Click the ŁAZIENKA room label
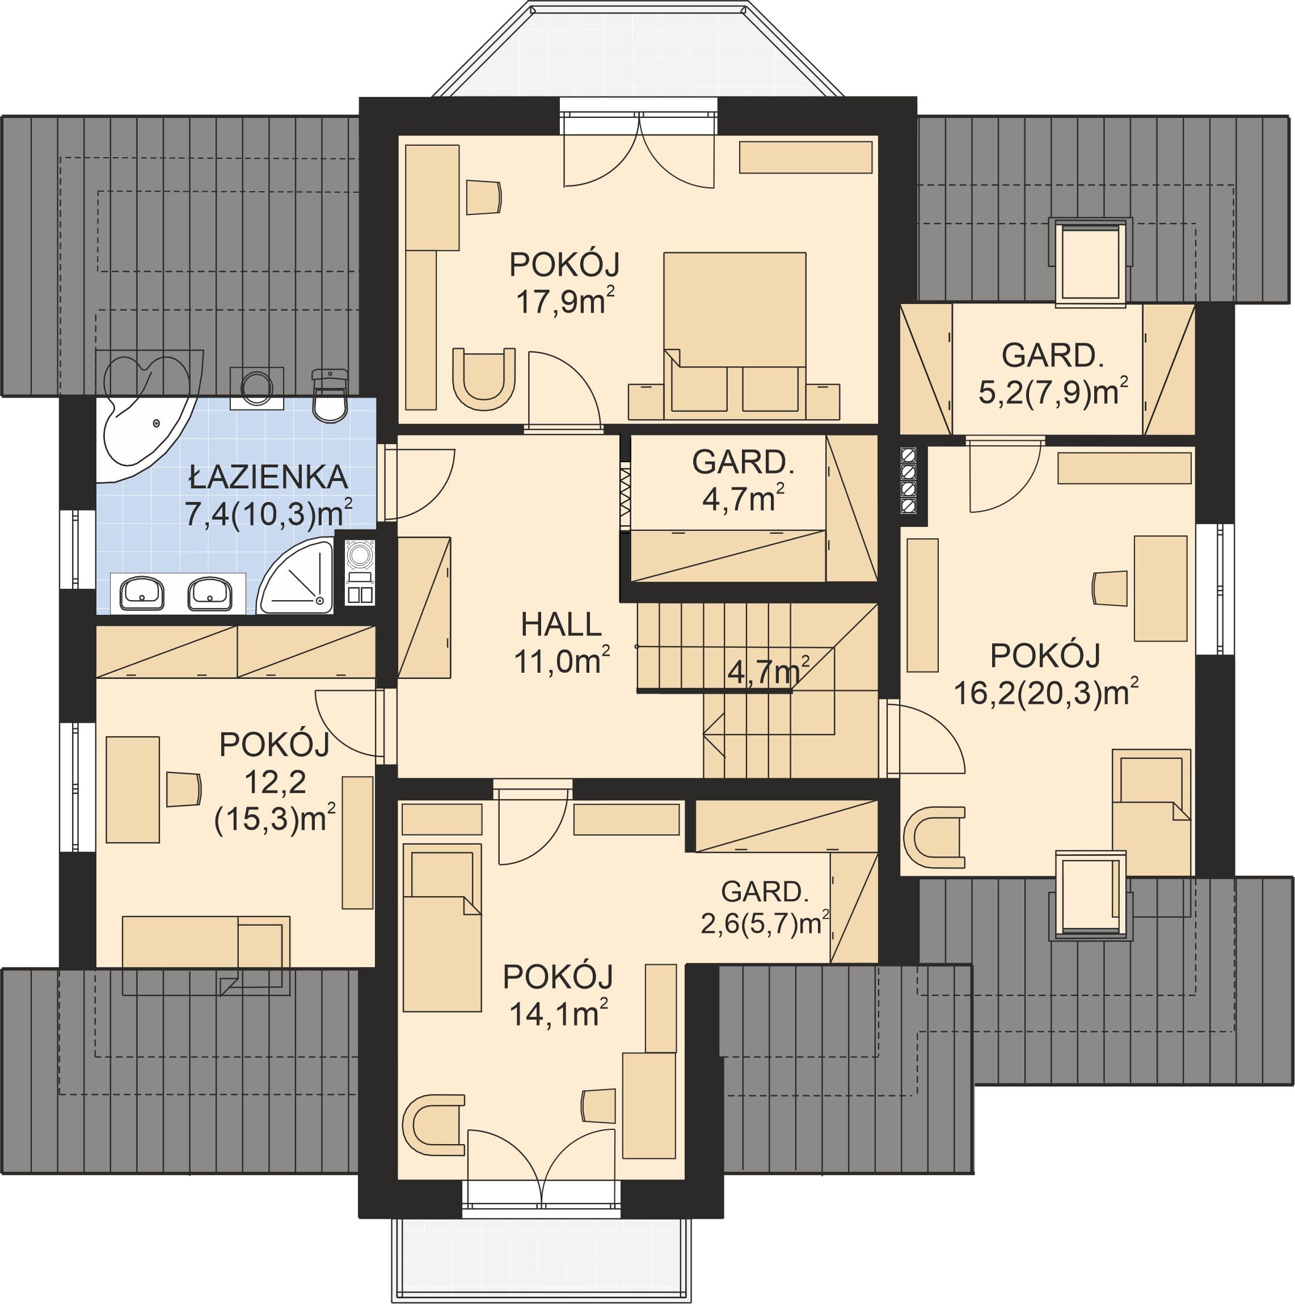click(x=268, y=477)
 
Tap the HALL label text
click(x=561, y=625)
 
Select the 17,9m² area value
click(x=566, y=301)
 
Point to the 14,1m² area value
click(x=558, y=1014)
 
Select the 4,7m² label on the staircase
click(x=769, y=672)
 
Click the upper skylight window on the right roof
click(x=1090, y=263)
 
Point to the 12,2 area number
click(x=275, y=783)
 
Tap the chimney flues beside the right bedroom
click(x=909, y=480)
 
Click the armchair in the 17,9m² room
click(x=484, y=379)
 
